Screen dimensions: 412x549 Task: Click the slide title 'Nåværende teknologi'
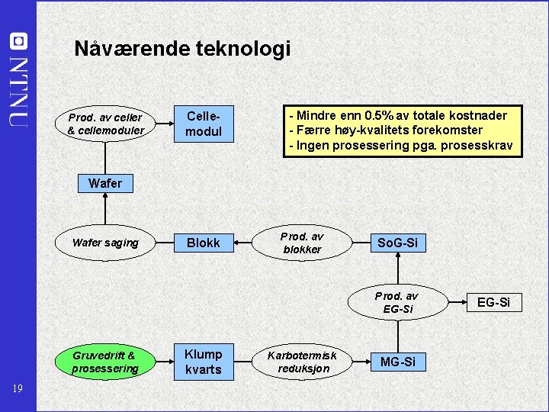pyautogui.click(x=182, y=49)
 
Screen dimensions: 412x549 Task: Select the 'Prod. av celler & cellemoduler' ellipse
pyautogui.click(x=105, y=124)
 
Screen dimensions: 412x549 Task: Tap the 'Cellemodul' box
pyautogui.click(x=204, y=124)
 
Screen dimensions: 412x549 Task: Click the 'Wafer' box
pyautogui.click(x=105, y=183)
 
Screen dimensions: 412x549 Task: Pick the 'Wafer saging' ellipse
pyautogui.click(x=105, y=243)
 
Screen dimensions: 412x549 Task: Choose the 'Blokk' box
pyautogui.click(x=204, y=243)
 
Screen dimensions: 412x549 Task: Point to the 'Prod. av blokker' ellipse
pyautogui.click(x=303, y=243)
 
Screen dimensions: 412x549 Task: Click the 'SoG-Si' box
pyautogui.click(x=398, y=243)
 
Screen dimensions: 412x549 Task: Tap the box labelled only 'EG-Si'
pyautogui.click(x=493, y=303)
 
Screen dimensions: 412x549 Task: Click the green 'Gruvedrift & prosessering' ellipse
pyautogui.click(x=105, y=362)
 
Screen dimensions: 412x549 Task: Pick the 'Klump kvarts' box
pyautogui.click(x=204, y=362)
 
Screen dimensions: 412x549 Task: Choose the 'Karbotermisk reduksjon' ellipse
pyautogui.click(x=303, y=362)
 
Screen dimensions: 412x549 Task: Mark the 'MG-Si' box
pyautogui.click(x=398, y=362)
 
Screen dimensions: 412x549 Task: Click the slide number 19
pyautogui.click(x=18, y=389)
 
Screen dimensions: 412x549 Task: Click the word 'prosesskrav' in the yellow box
pyautogui.click(x=480, y=146)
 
